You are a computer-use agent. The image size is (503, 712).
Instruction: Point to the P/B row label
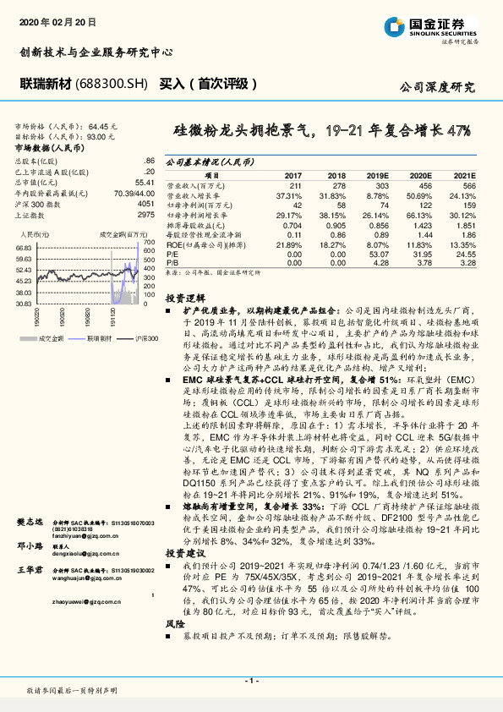point(172,264)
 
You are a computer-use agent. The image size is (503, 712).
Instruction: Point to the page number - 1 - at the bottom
point(251,680)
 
